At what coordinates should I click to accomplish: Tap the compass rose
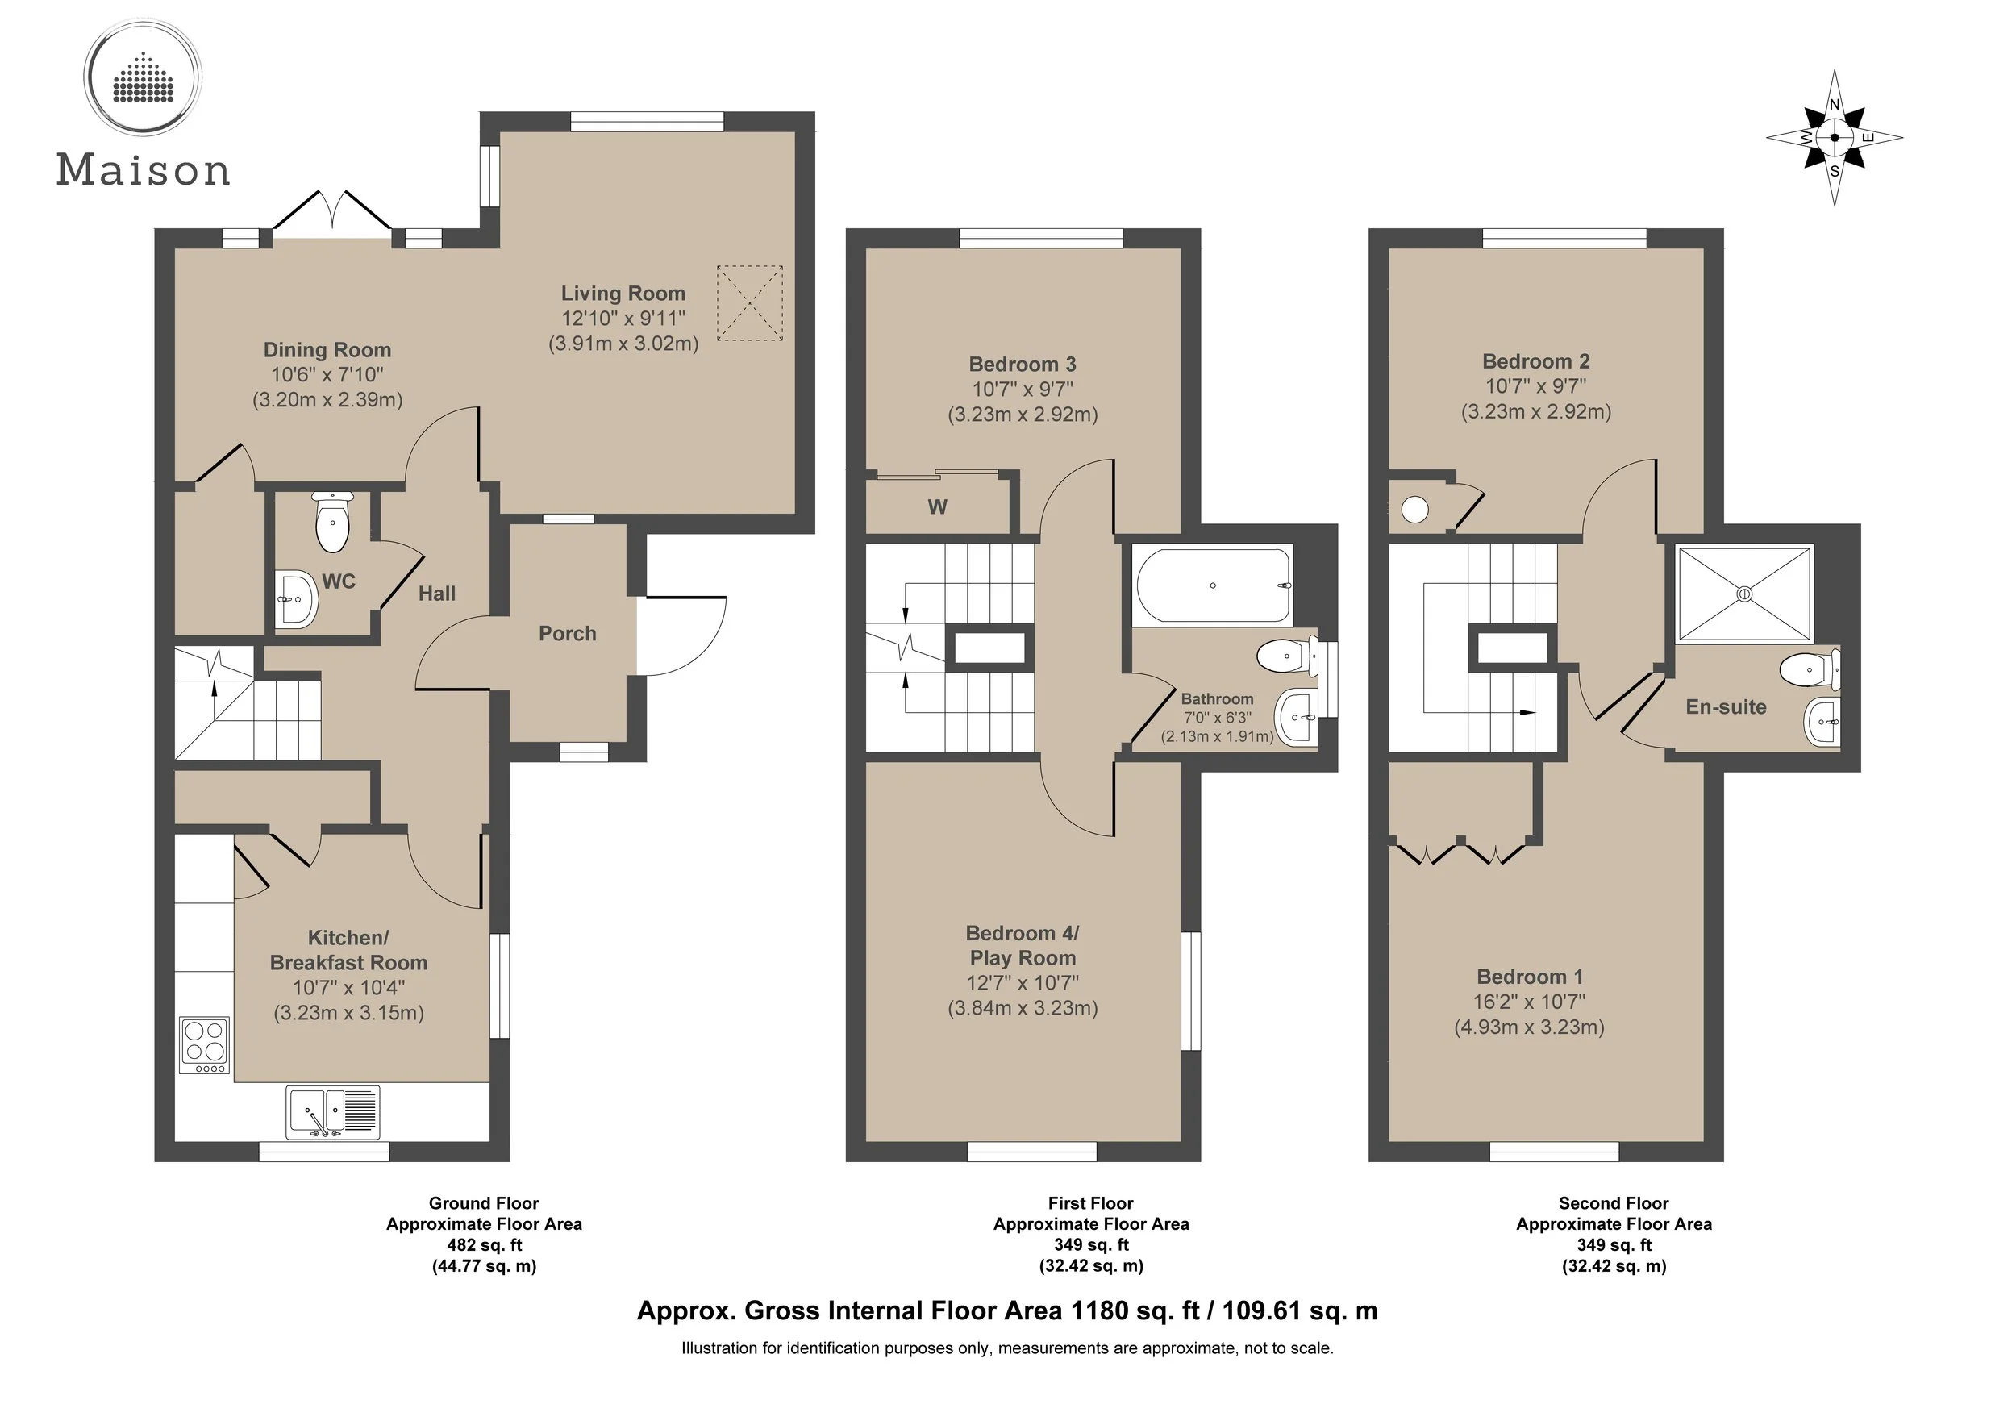click(1835, 138)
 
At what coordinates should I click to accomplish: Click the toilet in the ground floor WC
click(332, 522)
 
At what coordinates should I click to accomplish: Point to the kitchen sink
click(333, 1112)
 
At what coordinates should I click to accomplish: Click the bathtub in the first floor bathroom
click(1214, 585)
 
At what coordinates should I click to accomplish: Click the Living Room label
click(623, 294)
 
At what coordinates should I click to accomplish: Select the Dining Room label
click(327, 350)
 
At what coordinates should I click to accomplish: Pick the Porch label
click(567, 634)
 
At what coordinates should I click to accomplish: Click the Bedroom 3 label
click(1022, 365)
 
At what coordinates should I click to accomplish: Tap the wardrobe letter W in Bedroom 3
click(938, 507)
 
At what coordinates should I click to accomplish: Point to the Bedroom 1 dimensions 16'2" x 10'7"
click(1530, 1002)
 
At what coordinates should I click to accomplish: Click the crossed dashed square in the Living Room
click(750, 303)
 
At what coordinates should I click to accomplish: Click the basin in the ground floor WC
click(296, 600)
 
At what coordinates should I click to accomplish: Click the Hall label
click(436, 594)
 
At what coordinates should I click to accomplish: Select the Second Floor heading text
click(1614, 1204)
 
